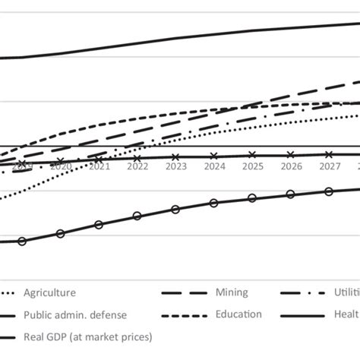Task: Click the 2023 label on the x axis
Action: [x=176, y=166]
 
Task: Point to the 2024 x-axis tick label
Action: [x=215, y=166]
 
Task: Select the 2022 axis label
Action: [x=137, y=166]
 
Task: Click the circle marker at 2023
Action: [x=175, y=210]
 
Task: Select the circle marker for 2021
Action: [x=99, y=225]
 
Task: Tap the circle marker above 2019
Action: [x=22, y=242]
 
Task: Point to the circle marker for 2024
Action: [x=214, y=203]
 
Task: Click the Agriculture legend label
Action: [x=50, y=292]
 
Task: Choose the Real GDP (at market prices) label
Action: [x=88, y=336]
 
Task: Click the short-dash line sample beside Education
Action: [x=185, y=314]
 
